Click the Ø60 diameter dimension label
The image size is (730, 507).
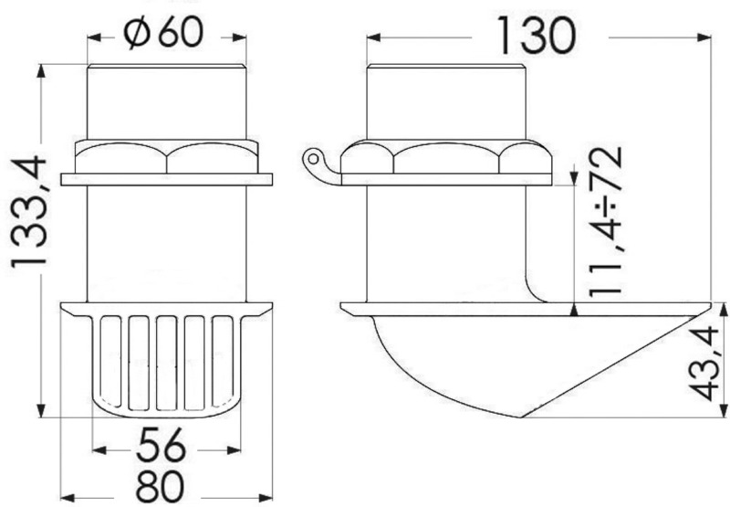[x=164, y=34]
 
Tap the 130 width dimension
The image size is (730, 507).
[x=537, y=35]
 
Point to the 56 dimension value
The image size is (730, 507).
[x=162, y=446]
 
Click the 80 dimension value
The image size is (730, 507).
[x=160, y=485]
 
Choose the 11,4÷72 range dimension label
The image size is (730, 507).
[x=605, y=223]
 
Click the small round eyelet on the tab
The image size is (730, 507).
[x=313, y=159]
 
